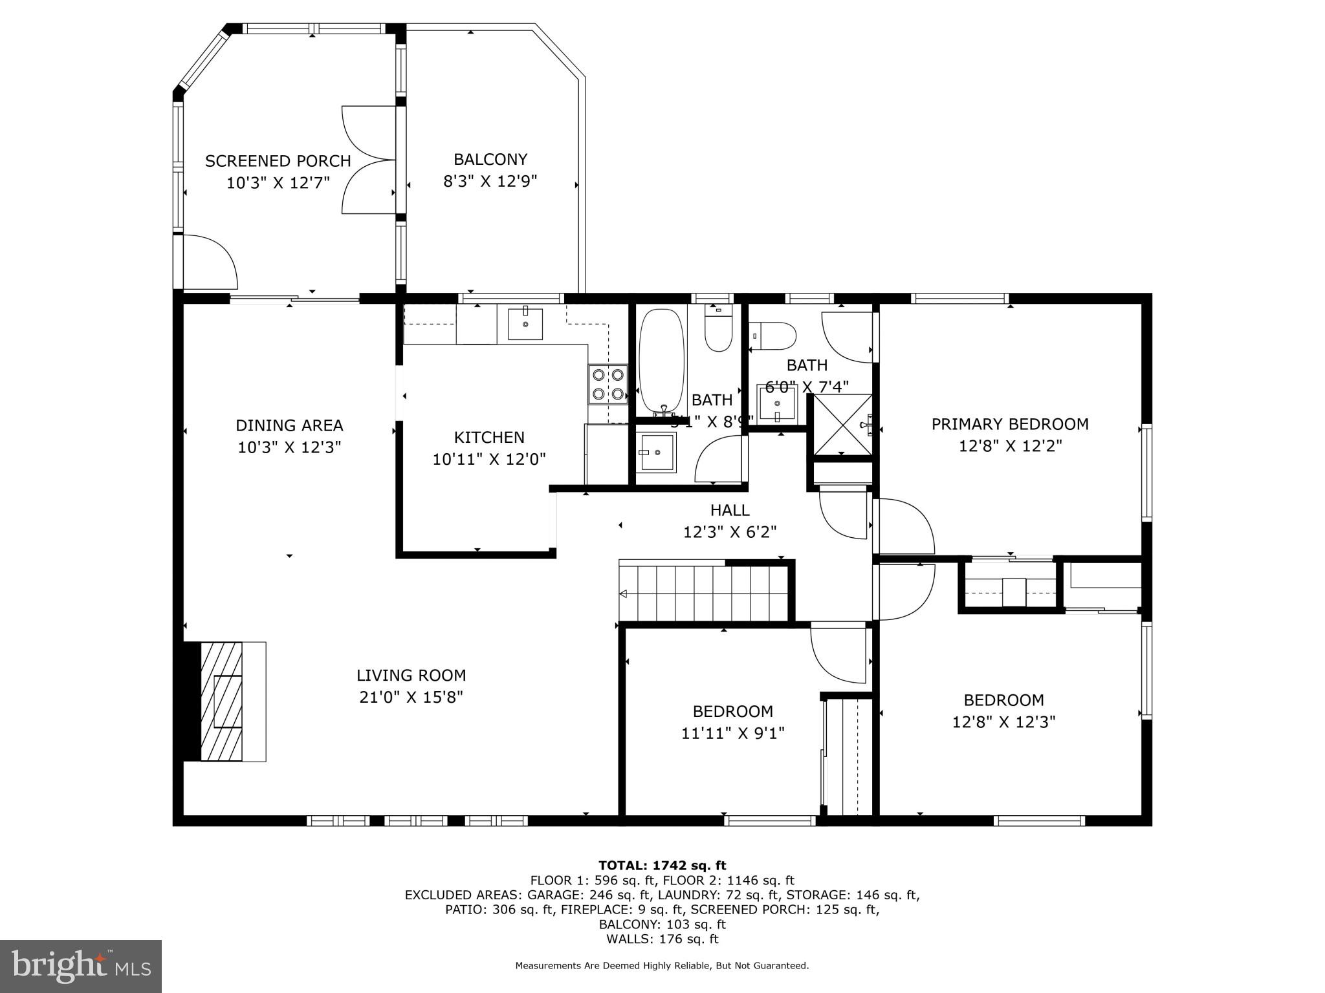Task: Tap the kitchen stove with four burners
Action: click(608, 383)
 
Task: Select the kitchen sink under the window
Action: click(525, 324)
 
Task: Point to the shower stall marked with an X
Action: click(842, 424)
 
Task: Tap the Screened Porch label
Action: click(278, 161)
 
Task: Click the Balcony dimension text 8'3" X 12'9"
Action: click(490, 181)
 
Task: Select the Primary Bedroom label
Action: click(1009, 424)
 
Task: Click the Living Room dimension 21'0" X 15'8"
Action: click(411, 697)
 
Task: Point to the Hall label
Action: click(730, 510)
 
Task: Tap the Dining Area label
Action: click(289, 425)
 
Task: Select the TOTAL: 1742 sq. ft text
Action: click(662, 865)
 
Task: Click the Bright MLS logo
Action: click(81, 966)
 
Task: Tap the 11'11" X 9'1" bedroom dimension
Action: click(732, 733)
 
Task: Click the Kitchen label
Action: click(489, 437)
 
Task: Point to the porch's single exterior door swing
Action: click(208, 261)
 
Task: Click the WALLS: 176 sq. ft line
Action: click(662, 939)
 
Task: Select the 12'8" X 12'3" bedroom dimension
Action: click(1003, 721)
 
